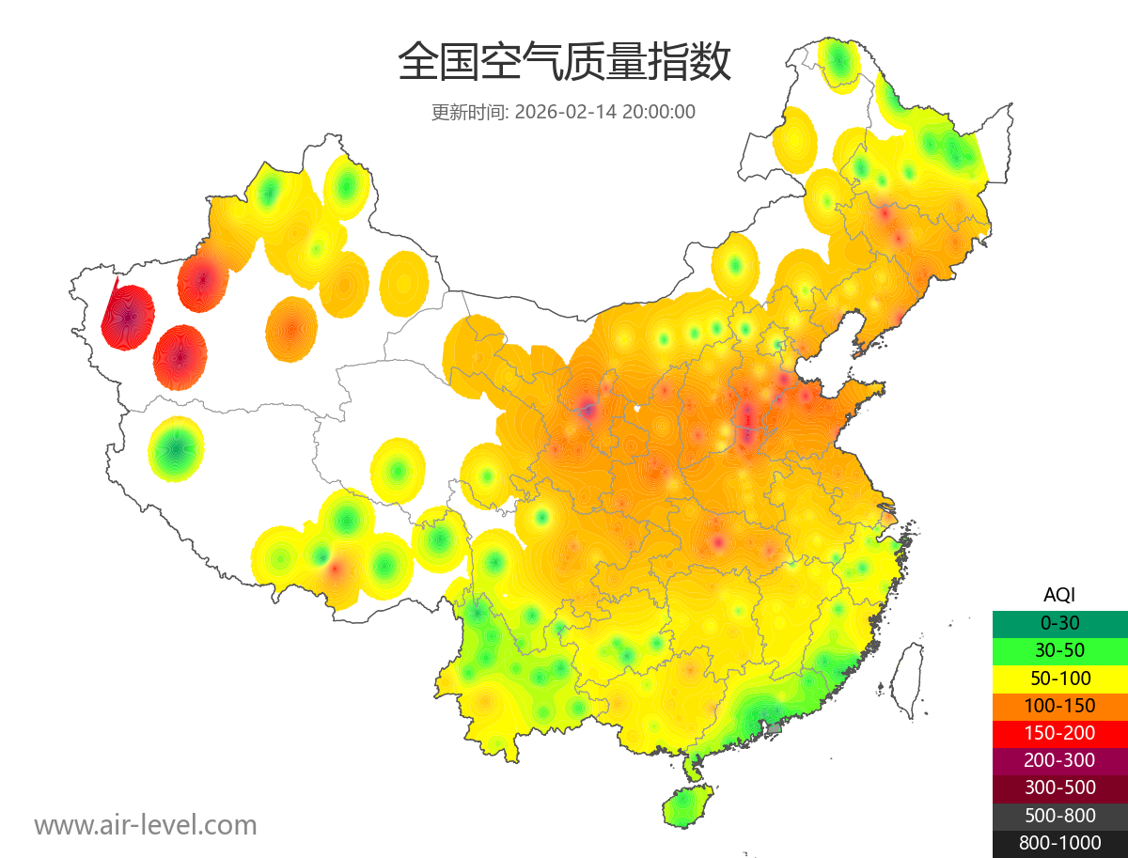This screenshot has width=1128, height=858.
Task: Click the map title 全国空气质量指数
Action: [x=564, y=63]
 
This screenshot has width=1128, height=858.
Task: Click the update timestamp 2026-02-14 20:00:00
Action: [x=604, y=112]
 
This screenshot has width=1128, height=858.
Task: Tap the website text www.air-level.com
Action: [x=146, y=825]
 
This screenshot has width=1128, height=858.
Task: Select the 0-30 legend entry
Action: [x=1059, y=623]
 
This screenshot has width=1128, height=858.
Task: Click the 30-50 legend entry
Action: [x=1059, y=650]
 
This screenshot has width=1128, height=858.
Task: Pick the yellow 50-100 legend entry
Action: [x=1059, y=678]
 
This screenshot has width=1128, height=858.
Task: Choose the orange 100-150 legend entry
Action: [x=1059, y=706]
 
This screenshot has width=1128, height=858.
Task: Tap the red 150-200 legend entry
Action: [x=1059, y=733]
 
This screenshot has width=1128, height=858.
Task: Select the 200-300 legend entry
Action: [x=1059, y=760]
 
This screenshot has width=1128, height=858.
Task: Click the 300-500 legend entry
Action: [x=1059, y=788]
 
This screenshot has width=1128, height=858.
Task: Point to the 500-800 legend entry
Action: [x=1059, y=815]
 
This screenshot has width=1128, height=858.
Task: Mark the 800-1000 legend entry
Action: [x=1059, y=843]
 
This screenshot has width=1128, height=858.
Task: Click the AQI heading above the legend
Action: [x=1059, y=595]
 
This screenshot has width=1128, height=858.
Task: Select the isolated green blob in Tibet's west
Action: [x=176, y=448]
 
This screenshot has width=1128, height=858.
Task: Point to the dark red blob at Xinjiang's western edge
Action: [x=129, y=317]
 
